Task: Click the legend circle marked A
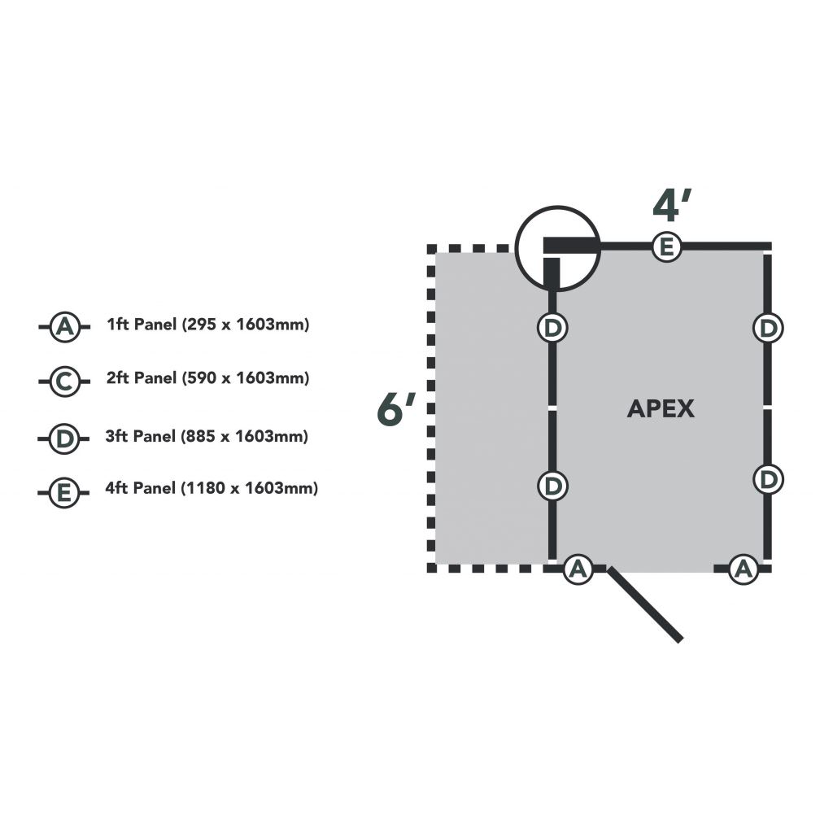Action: click(x=63, y=328)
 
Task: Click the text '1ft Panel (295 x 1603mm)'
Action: click(x=208, y=325)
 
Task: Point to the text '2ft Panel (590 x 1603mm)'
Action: click(x=208, y=378)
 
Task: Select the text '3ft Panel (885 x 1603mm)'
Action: click(x=207, y=436)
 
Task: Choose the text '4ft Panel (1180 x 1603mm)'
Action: click(x=212, y=489)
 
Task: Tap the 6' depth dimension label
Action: click(x=396, y=409)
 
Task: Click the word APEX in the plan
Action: click(x=661, y=408)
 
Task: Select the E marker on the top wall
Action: click(x=666, y=246)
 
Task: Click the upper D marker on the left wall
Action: click(x=552, y=328)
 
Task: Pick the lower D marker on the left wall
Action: click(x=552, y=486)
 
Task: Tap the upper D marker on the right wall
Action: click(x=767, y=328)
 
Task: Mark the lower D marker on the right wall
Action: click(x=767, y=479)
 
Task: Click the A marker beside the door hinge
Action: click(x=578, y=569)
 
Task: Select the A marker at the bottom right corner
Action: click(x=742, y=569)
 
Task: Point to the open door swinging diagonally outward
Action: click(x=646, y=605)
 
